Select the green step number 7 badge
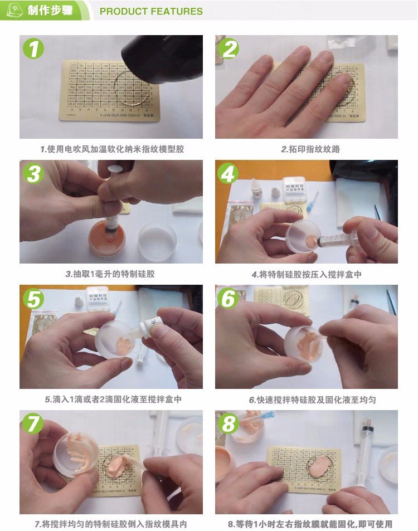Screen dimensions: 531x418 tap(33, 424)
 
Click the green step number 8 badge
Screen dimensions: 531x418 tap(229, 424)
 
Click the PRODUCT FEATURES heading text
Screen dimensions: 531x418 tap(151, 11)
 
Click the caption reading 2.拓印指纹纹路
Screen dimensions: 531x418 tap(307, 149)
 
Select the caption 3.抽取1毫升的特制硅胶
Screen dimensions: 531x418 tap(110, 274)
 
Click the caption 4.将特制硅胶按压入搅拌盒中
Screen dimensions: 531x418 tap(307, 274)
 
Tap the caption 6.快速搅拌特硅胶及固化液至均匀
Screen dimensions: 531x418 tap(307, 400)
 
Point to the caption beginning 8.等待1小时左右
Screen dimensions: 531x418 tap(310, 524)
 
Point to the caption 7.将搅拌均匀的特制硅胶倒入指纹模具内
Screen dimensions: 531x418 tap(111, 524)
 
